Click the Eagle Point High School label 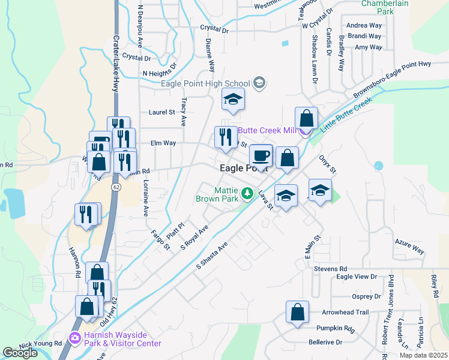pos(205,83)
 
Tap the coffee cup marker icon pos(261,156)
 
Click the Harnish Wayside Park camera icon pos(75,339)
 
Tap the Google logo pos(20,353)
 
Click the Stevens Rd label pos(331,269)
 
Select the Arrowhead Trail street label pos(345,313)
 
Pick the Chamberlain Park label pos(385,7)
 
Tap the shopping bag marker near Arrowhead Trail pos(297,312)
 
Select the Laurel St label pos(161,112)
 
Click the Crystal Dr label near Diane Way pos(215,29)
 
